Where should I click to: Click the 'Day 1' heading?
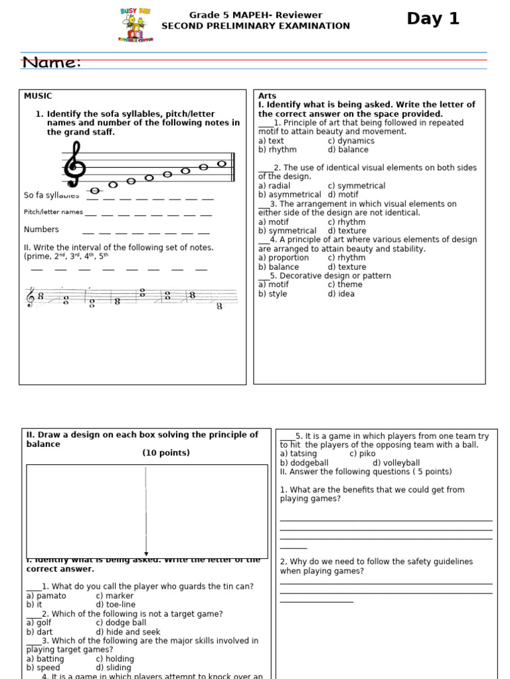tap(433, 19)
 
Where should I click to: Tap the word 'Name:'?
tap(51, 62)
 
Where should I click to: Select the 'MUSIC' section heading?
tap(38, 96)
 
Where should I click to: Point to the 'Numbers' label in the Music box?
tap(41, 229)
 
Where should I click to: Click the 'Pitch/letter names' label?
tap(53, 212)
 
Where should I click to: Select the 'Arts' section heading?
tap(267, 96)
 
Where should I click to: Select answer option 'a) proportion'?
tap(284, 258)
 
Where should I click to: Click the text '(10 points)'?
tap(165, 453)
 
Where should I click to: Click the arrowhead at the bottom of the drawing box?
tap(146, 554)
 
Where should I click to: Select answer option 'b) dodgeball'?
tap(304, 463)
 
